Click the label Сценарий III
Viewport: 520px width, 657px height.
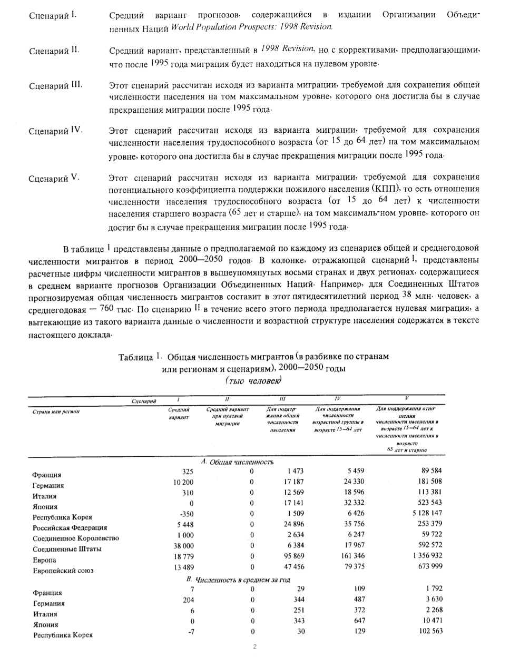tap(55, 86)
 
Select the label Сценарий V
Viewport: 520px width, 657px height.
tap(54, 179)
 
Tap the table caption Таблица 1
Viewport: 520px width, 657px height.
tap(140, 357)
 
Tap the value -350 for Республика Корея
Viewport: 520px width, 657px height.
tap(187, 513)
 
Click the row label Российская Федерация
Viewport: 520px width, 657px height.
tap(70, 527)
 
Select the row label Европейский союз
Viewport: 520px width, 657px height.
tap(63, 571)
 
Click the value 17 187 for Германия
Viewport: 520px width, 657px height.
tap(292, 481)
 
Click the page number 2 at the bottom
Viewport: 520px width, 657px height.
tap(254, 648)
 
